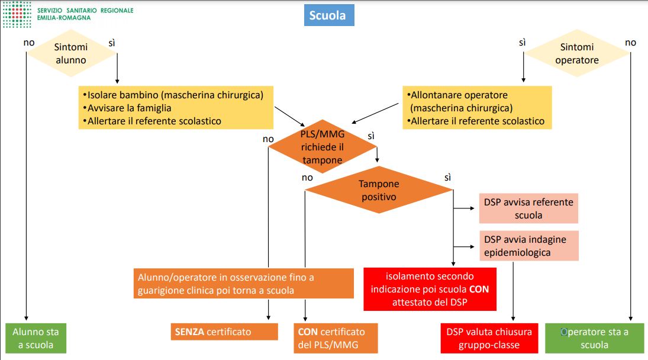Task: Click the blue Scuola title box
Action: (329, 15)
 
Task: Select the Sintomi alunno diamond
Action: (71, 53)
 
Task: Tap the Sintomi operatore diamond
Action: (577, 53)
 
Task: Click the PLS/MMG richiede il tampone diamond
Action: (323, 146)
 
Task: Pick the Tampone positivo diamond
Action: (379, 189)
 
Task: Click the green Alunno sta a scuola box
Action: (36, 338)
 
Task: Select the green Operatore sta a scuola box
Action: (594, 338)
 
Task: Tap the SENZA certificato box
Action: (224, 332)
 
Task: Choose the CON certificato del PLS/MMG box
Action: (336, 338)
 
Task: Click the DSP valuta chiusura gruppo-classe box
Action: (489, 338)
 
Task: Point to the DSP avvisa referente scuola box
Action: (528, 208)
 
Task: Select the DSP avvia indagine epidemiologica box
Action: (529, 246)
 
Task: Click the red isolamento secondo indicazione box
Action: (430, 289)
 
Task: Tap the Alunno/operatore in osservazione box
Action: (243, 284)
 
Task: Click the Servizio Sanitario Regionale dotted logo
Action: (17, 14)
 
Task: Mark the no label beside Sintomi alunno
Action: (29, 43)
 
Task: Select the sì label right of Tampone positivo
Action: (447, 177)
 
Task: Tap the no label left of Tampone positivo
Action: (307, 178)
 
